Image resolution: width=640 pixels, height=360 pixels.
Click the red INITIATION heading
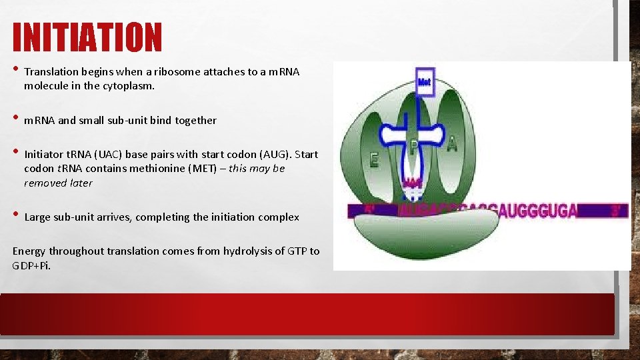(87, 37)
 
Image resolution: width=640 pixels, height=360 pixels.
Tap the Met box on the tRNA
(424, 81)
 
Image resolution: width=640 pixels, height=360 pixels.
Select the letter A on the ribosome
(452, 144)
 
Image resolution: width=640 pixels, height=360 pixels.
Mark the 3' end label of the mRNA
(616, 211)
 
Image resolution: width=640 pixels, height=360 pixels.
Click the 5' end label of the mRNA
(369, 210)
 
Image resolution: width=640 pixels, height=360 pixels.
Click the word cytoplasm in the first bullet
(129, 86)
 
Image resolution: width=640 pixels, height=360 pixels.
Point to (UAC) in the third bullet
(94, 154)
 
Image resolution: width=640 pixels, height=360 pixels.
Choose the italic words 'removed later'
(58, 183)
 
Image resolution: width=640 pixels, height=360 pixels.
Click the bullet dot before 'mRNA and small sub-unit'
(15, 119)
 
